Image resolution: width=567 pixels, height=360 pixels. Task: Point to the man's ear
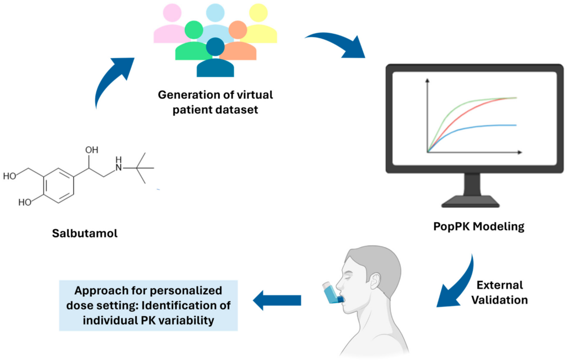point(377,280)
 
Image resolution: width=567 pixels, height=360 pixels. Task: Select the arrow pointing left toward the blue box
point(276,300)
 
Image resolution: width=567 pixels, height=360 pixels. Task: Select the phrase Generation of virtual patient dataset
point(215,102)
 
